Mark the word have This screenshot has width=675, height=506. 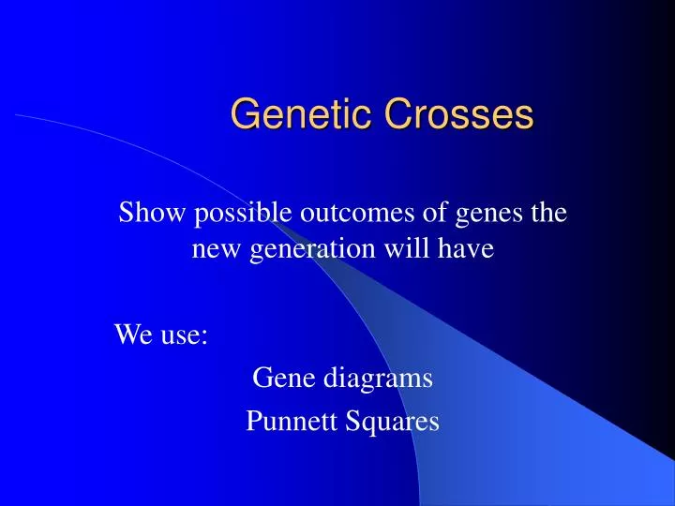pos(468,250)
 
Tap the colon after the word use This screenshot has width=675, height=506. pos(204,335)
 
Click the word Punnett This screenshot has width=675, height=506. pos(289,423)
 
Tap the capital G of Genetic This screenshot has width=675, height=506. pos(243,114)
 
